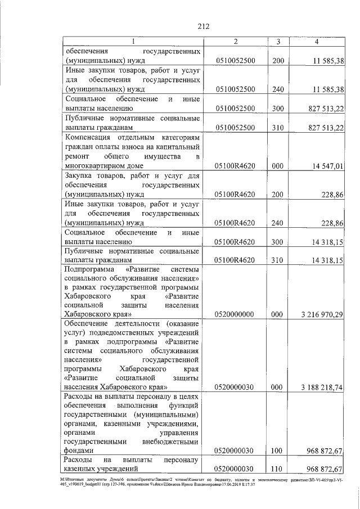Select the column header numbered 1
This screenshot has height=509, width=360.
click(x=133, y=42)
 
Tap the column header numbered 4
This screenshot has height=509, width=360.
click(x=317, y=42)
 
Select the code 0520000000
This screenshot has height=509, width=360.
click(x=235, y=314)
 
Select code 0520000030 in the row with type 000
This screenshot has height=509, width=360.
click(x=235, y=388)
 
